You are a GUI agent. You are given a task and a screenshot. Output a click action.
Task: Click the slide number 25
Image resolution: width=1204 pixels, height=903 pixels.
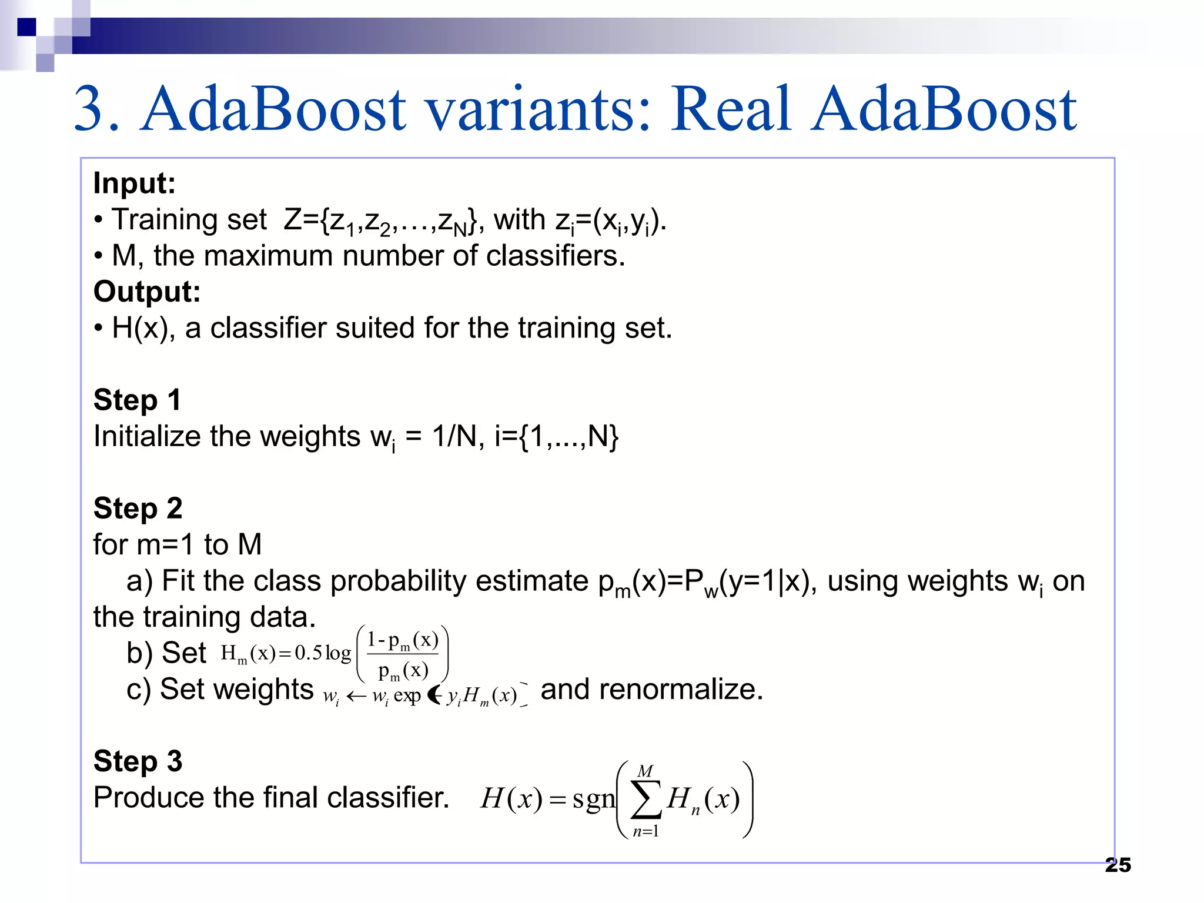tap(1118, 865)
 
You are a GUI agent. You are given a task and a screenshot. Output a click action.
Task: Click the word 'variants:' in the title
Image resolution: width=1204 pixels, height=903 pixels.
tap(540, 109)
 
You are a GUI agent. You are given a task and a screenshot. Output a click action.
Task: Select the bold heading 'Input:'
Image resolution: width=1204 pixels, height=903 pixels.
tap(135, 183)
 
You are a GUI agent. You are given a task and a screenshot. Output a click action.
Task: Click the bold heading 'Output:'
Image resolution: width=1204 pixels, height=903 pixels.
tap(147, 292)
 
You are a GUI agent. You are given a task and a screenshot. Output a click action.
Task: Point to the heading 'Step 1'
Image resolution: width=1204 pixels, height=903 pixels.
tap(137, 400)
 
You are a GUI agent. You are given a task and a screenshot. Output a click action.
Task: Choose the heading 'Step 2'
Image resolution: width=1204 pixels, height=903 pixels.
tap(138, 509)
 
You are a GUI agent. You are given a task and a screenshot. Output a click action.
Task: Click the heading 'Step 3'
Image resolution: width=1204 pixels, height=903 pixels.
tap(138, 761)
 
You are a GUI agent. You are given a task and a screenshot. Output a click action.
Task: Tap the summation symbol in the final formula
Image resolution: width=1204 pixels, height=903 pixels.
tap(646, 800)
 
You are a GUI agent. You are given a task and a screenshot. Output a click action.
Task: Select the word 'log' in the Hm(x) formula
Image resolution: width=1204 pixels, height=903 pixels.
tap(338, 653)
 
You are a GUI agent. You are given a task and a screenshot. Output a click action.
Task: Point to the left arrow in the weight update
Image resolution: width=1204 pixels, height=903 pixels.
tap(356, 697)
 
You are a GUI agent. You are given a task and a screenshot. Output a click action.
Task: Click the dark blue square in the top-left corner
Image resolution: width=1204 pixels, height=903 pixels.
tap(26, 27)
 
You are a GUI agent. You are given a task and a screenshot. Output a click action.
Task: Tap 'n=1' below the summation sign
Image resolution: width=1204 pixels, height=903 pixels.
tap(646, 831)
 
